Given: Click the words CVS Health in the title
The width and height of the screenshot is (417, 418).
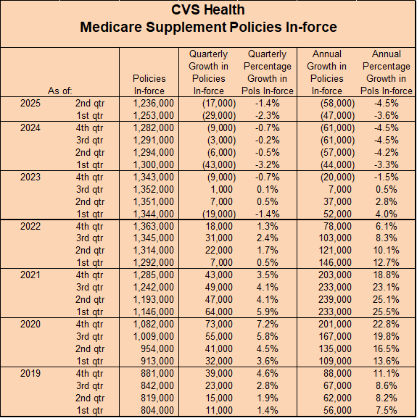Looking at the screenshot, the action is pos(208,10).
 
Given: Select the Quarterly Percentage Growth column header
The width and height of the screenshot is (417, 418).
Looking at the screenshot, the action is pos(268,72).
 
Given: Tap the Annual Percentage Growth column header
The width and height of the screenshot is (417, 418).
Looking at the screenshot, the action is pos(387,72).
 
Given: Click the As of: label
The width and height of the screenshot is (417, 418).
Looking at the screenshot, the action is pos(59,91).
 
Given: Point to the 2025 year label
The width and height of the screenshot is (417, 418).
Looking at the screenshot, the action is pos(30,103).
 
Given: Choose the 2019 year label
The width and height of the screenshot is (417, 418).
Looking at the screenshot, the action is pos(30,373).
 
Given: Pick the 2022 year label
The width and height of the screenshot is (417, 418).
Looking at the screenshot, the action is pos(30,226).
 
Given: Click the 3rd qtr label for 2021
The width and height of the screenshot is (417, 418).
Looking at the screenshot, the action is pos(90,288).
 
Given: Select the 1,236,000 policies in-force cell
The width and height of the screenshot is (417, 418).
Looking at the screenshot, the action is pos(154,103).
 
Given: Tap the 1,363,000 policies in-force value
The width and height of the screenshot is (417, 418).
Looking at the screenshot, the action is pos(154,226).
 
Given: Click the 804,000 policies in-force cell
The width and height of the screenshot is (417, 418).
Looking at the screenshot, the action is pos(157,410).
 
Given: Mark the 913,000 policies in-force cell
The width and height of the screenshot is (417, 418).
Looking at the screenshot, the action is pos(157,361).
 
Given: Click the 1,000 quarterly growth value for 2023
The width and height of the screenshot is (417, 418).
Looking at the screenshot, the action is pos(221,189).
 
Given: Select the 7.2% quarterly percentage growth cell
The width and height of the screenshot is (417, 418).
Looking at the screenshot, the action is pos(268,324).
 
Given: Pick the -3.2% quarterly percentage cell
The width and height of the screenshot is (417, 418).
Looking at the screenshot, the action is pos(268,164).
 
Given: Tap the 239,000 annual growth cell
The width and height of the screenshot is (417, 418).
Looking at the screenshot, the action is pos(335,300).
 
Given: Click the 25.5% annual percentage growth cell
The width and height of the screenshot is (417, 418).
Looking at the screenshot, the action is pos(386,312).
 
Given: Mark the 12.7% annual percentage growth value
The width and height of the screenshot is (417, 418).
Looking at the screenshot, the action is pos(386,262).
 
